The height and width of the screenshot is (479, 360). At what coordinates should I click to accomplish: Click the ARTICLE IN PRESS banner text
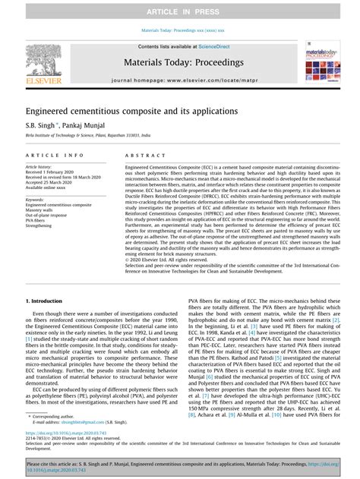[179, 8]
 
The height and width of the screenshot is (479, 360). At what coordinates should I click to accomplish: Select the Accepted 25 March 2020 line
[53, 182]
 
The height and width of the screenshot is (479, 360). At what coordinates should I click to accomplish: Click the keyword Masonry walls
[43, 210]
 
